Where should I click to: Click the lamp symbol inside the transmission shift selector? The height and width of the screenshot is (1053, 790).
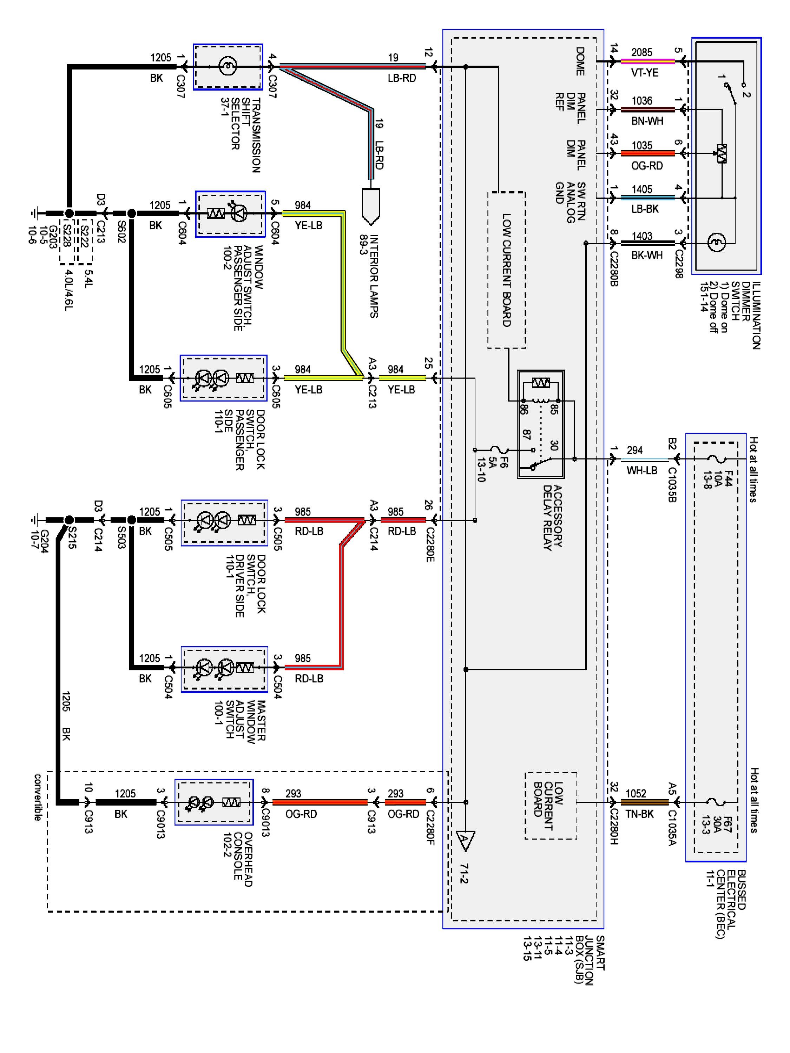pyautogui.click(x=228, y=66)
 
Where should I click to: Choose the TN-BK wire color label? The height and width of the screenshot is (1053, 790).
pyautogui.click(x=639, y=814)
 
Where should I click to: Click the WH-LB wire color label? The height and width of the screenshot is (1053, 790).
pyautogui.click(x=641, y=470)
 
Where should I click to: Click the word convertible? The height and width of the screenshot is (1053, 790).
pyautogui.click(x=38, y=797)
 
